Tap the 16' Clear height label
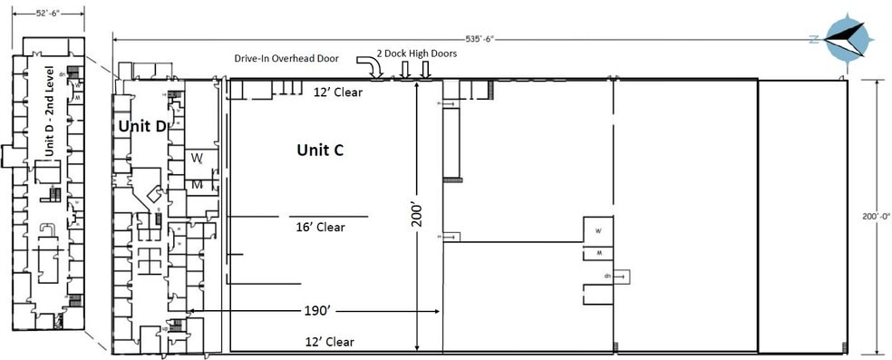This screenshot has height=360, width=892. click(320, 228)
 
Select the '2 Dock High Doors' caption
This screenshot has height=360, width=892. click(418, 54)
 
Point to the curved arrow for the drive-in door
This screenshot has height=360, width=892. click(369, 68)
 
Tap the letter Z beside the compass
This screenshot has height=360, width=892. click(814, 38)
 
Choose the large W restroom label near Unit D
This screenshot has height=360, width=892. click(197, 157)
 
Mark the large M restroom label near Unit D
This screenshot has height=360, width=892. click(197, 185)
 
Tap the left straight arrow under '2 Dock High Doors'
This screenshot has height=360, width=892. click(407, 70)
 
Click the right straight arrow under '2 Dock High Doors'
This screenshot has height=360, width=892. click(425, 70)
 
